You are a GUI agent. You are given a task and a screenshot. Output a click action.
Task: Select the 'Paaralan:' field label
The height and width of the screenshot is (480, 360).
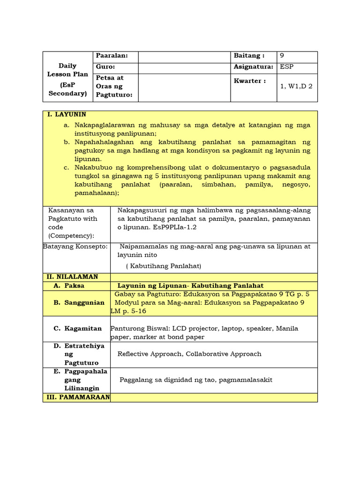(112, 56)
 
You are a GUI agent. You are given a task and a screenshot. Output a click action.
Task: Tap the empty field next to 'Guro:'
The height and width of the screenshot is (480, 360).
(184, 67)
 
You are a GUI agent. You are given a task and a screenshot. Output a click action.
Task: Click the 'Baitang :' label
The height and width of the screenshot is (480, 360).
(249, 56)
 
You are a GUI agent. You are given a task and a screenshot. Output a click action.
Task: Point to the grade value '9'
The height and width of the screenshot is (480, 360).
(282, 56)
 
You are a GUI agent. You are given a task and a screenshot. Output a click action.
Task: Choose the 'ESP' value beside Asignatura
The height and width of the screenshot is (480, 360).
(286, 67)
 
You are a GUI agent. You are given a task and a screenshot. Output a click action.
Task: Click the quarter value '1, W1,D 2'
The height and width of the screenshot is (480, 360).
(296, 86)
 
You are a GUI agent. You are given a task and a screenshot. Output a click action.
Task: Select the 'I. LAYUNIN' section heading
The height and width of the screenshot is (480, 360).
(67, 114)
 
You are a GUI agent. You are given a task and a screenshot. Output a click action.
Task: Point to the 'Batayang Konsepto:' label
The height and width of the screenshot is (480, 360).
(75, 247)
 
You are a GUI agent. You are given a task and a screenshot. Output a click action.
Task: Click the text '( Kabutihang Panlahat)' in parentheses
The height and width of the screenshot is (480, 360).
(163, 266)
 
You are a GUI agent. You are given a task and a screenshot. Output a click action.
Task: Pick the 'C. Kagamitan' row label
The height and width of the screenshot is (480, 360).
(77, 329)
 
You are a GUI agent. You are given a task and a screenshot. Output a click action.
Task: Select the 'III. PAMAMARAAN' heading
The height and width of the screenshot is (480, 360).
(78, 397)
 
